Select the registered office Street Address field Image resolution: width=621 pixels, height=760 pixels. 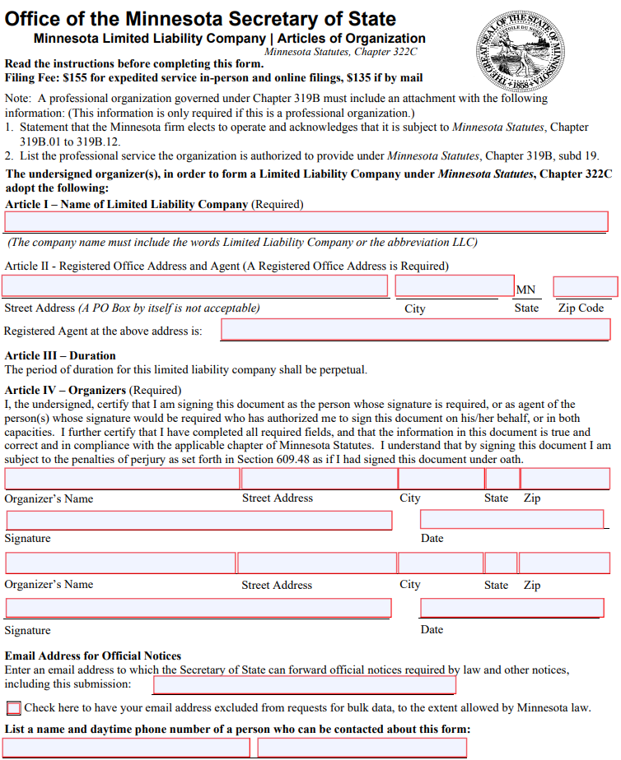[x=195, y=286]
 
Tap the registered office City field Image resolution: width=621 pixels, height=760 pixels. [x=455, y=286]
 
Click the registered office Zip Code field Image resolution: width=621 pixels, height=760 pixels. [x=585, y=286]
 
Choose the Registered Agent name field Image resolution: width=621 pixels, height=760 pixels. [x=415, y=330]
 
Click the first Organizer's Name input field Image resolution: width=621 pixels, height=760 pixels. [x=122, y=479]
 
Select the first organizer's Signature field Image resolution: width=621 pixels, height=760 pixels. [x=198, y=521]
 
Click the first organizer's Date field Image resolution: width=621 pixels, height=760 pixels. [x=511, y=520]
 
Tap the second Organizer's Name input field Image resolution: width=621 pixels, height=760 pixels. [x=120, y=563]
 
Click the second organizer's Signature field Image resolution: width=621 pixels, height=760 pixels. [x=198, y=608]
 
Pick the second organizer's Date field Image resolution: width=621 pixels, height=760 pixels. [x=511, y=608]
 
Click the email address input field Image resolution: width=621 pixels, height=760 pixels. [x=305, y=685]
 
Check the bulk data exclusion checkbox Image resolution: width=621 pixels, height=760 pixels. [x=14, y=708]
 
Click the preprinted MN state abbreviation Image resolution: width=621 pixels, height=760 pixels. [x=525, y=290]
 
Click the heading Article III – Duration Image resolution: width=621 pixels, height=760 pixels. [x=60, y=356]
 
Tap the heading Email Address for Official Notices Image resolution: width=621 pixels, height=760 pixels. [x=92, y=656]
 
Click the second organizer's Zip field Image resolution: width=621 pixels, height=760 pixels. [x=564, y=563]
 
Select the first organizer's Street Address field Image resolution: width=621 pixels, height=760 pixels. [x=319, y=479]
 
